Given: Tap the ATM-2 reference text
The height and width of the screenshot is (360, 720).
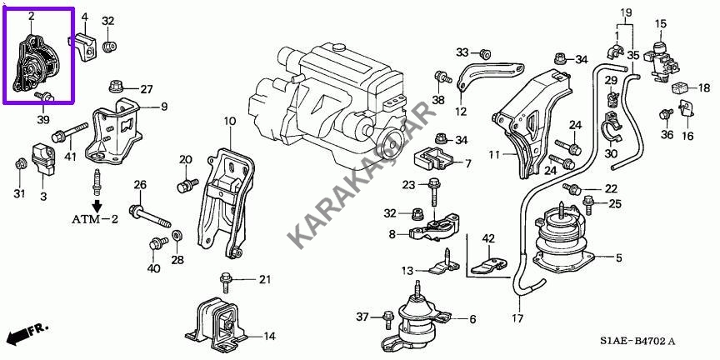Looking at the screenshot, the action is (95, 219).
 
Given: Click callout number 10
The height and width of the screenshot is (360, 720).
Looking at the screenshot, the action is (230, 121).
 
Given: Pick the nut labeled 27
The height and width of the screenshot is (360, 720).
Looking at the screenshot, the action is (115, 86).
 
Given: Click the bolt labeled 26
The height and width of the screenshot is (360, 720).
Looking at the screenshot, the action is (150, 217).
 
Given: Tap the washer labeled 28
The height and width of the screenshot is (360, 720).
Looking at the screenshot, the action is (177, 237).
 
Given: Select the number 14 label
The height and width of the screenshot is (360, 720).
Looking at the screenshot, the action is (269, 337).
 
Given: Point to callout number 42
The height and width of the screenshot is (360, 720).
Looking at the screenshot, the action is (487, 239).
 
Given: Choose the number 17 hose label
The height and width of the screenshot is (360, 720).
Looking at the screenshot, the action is (518, 318).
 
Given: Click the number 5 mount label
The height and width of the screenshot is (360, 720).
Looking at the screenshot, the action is (619, 258).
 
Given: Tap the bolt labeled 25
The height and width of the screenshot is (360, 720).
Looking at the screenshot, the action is (588, 204).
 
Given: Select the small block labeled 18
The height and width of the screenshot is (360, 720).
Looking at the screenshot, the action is (681, 87).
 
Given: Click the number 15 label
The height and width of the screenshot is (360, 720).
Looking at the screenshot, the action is (660, 23).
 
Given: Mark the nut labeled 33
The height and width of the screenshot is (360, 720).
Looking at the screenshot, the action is (484, 53).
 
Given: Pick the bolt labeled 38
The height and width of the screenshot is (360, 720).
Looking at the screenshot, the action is (442, 77).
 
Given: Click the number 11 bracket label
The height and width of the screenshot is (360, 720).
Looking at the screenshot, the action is (493, 155).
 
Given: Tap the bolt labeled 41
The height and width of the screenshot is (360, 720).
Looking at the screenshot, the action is (70, 132).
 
